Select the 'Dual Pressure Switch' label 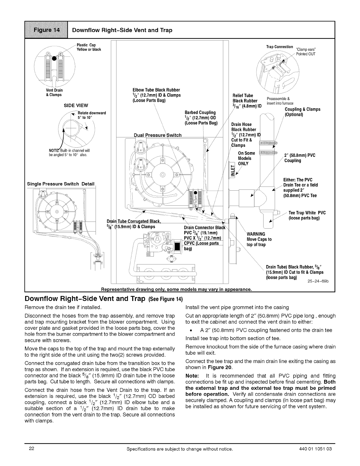(158, 135)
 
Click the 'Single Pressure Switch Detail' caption (61, 184)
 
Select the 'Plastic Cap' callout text (86, 45)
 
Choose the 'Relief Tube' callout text (243, 96)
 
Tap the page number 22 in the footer (32, 449)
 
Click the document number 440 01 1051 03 (316, 449)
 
